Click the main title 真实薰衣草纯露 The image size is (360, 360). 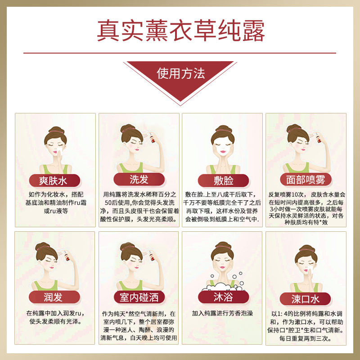pos(181,31)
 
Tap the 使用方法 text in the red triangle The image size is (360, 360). pos(181,73)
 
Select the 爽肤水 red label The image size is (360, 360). pos(54,180)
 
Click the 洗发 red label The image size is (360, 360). pos(139,179)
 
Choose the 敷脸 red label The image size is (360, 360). pos(223,180)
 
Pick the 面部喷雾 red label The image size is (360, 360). pos(306,180)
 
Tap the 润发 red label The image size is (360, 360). pos(54,297)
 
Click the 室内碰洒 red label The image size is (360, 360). pos(139,297)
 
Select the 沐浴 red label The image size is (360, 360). pos(223,297)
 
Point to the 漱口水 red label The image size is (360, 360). pos(305,299)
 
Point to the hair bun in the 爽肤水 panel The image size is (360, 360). pos(56,130)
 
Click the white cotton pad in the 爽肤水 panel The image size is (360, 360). pos(59,150)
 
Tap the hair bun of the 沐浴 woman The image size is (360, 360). pos(223,245)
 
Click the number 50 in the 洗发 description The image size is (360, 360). pos(108,202)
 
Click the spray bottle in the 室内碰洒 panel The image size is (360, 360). pos(152,255)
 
